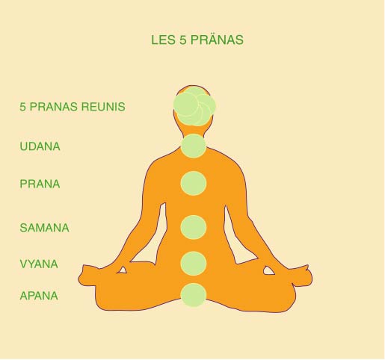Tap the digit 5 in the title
pos(183,40)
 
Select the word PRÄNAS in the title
pos(217,40)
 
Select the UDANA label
pos(40,146)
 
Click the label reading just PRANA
pos(40,184)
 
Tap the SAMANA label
pos(44,228)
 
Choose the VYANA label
pos(39,264)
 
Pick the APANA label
pos(39,296)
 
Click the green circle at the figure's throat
pos(194,146)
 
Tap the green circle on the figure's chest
pos(194,183)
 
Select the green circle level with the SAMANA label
pos(194,227)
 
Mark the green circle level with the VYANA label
pos(194,264)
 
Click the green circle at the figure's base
pos(194,295)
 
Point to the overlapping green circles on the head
pos(194,106)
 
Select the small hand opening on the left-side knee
pos(122,270)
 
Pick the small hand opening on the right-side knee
pos(268,270)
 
